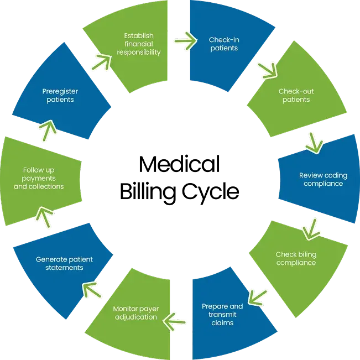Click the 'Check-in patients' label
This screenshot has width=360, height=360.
click(x=223, y=44)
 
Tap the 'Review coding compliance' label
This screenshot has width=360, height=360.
click(x=323, y=179)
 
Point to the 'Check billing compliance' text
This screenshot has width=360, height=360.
click(x=296, y=258)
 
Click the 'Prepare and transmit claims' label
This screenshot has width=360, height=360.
click(x=222, y=314)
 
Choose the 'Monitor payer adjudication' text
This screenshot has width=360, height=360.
click(x=135, y=312)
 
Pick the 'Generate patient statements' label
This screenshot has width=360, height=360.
click(x=64, y=263)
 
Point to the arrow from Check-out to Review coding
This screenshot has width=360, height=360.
click(x=314, y=142)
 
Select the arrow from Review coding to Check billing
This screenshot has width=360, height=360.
click(x=311, y=227)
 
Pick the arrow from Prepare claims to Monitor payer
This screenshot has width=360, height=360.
click(x=177, y=319)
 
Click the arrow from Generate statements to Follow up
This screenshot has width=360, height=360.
click(x=43, y=216)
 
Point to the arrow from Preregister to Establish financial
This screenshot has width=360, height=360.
click(x=101, y=60)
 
